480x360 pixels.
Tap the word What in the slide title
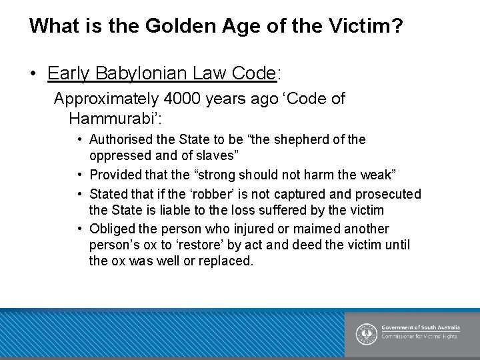point(51,27)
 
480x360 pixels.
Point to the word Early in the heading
point(69,73)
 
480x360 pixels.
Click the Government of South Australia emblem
point(366,333)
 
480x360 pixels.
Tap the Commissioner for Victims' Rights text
point(419,337)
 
